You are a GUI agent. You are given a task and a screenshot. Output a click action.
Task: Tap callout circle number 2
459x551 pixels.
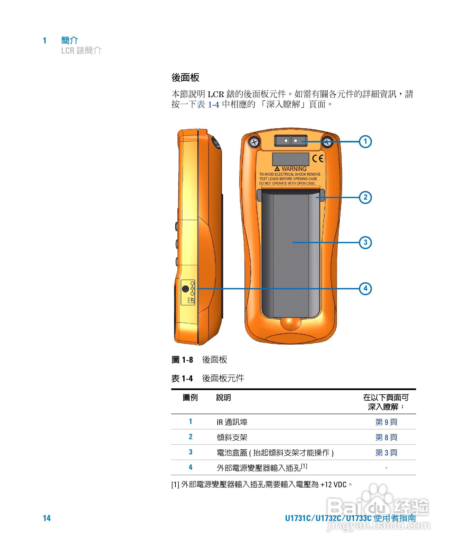tap(365, 197)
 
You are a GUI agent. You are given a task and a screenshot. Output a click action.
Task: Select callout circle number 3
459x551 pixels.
tap(365, 242)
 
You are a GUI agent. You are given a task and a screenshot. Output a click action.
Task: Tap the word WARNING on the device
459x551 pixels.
tap(294, 169)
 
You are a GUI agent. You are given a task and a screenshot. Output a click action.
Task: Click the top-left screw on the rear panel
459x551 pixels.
tap(254, 142)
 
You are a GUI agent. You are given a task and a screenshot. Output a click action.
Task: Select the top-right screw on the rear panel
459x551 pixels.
tap(327, 142)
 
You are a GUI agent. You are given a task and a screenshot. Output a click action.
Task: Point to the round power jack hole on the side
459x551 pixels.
tap(186, 289)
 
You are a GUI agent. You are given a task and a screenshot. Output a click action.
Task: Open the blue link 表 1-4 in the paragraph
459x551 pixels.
tap(208, 104)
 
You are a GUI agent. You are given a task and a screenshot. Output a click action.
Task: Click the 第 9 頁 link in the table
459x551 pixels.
tap(386, 422)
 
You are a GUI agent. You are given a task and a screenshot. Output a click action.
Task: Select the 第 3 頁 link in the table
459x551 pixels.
tap(386, 452)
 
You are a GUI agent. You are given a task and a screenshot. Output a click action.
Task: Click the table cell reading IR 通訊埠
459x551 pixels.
tap(232, 422)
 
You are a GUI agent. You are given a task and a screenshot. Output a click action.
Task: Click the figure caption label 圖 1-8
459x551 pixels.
tap(182, 359)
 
